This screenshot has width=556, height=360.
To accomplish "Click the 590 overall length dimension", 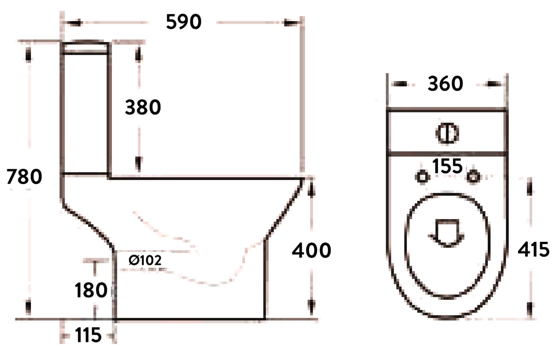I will point(183,22).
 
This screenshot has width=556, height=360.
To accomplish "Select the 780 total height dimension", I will point(24,177).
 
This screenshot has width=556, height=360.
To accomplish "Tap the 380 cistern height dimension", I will point(143,107).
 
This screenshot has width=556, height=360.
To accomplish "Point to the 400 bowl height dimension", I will point(311,250).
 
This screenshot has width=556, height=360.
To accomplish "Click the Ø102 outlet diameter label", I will point(145,260).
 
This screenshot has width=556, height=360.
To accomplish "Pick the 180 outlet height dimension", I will point(91,290).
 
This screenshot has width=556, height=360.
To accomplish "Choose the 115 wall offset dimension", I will point(88,336).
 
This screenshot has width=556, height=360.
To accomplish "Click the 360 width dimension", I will point(445,84).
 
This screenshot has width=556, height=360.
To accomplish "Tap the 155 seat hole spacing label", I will point(447,166).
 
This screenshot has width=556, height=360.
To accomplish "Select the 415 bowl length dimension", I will point(533,249).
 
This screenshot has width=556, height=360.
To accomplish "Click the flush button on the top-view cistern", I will point(447,133).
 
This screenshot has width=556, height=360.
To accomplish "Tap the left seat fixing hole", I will point(422,177).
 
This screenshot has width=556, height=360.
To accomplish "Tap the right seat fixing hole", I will point(473,176).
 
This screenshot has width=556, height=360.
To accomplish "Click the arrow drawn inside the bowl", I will point(447,233).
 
